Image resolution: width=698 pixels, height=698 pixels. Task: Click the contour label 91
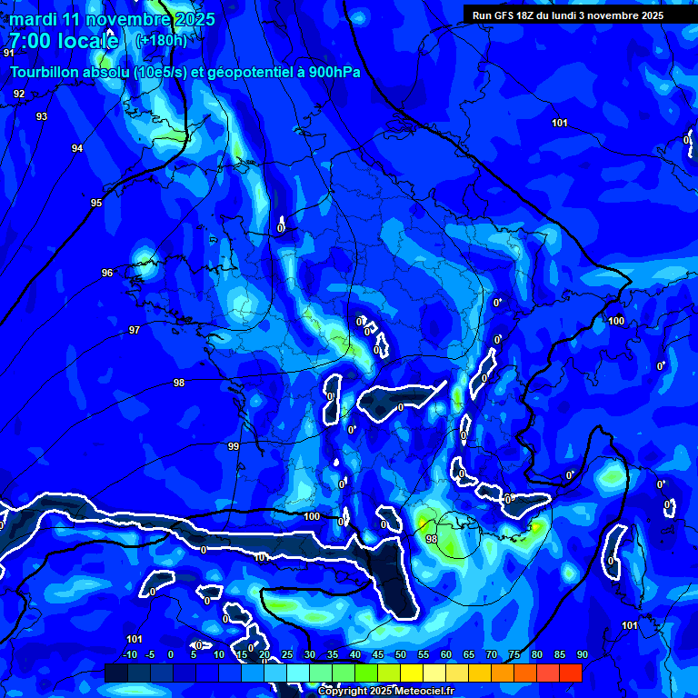pos(8,53)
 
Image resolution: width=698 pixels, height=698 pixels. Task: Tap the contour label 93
pos(42,116)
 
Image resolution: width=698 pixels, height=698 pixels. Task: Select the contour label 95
pos(96,203)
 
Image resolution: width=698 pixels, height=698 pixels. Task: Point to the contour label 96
pos(107,273)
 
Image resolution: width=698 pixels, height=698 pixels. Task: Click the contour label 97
pos(135,330)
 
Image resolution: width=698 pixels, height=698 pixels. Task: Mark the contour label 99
pos(234,446)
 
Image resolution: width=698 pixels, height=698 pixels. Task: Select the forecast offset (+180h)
pos(161,40)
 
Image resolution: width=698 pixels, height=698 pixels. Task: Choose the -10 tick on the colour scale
pos(129,654)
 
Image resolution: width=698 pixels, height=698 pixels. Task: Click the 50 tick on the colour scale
pos(401,654)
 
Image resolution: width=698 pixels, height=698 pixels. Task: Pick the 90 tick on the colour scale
pos(582,654)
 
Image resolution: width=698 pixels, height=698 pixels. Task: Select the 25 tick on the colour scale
pos(287,654)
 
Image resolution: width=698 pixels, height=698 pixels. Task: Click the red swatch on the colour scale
pos(571,673)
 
